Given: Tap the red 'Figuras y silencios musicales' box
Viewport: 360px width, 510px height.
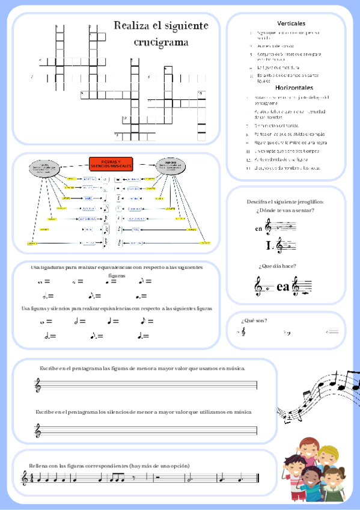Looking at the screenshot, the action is [111, 164].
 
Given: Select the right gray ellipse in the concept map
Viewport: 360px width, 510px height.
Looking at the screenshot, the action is [170, 165].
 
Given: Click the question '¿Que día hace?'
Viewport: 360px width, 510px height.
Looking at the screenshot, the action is [276, 266].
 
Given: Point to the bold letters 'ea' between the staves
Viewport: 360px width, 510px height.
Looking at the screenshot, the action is [283, 287].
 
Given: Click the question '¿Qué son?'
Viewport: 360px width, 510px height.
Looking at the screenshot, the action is [254, 320].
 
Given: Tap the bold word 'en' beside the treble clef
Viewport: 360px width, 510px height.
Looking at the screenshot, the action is [258, 229].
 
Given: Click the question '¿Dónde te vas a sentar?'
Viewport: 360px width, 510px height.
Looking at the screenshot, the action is [285, 210].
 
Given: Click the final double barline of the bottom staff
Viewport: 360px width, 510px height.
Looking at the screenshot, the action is [257, 479].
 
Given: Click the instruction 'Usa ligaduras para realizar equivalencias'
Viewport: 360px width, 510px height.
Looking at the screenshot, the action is [117, 266].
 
